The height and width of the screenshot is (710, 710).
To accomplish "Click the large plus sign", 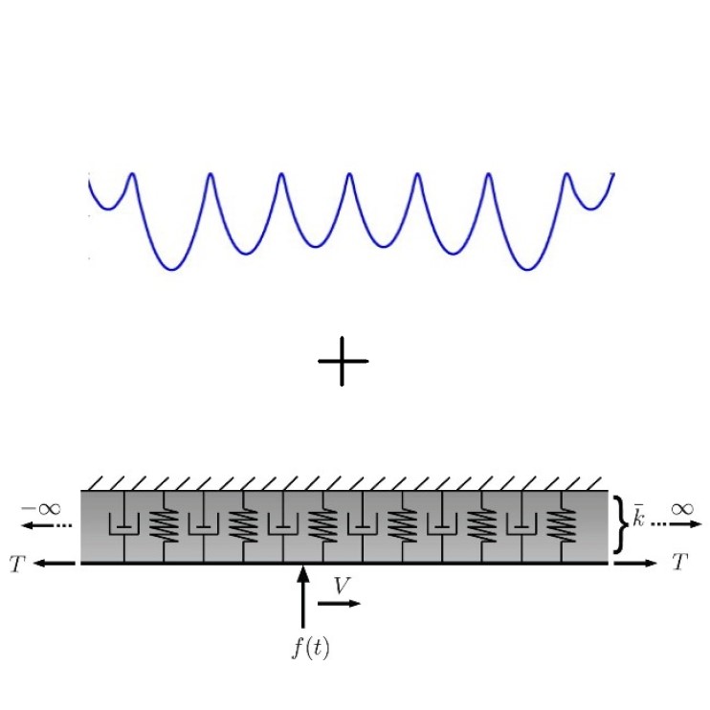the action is tap(343, 362).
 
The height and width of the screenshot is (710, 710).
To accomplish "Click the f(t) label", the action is tap(311, 647).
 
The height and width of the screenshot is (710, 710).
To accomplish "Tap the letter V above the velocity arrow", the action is tap(342, 586).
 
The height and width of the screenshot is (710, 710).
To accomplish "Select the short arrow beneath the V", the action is tap(339, 603).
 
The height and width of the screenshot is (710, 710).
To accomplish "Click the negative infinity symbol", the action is tap(41, 508).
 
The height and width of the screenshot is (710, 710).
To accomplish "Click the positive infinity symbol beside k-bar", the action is tap(682, 509).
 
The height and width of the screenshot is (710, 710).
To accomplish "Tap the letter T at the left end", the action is tap(17, 565).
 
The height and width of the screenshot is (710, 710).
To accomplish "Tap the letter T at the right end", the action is tap(680, 562).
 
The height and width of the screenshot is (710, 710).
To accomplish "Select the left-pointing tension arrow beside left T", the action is tap(54, 564).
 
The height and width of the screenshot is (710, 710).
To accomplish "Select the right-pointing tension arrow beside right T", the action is tap(635, 564).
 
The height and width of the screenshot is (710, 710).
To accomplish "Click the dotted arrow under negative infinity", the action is tap(47, 525).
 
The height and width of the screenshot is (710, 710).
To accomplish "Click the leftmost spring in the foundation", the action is tap(164, 526).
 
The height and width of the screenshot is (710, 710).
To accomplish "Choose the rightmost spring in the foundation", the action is tap(562, 526).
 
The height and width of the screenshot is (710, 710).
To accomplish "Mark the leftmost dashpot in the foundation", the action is tap(124, 526).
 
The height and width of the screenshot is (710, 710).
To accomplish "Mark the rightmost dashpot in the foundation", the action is tap(521, 526).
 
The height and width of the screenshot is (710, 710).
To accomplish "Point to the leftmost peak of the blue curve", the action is tap(132, 173).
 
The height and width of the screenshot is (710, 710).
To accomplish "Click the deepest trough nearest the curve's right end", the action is tap(527, 270).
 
